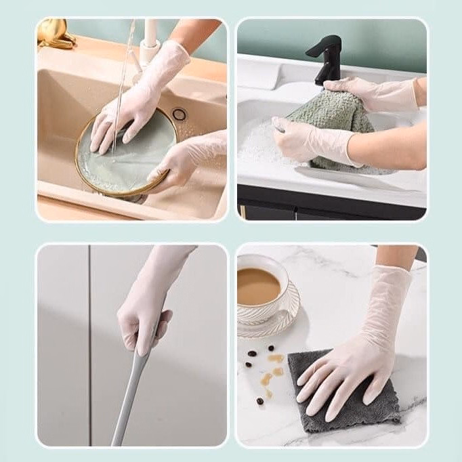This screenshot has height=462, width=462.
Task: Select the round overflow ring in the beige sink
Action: pos(179,114)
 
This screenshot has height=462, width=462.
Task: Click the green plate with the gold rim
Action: pos(108,163)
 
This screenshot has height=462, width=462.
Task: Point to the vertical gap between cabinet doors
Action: pos(90,339)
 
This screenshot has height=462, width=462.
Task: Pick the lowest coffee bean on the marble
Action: pos(260,401)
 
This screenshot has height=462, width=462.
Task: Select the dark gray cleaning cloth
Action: pos(318,400)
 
